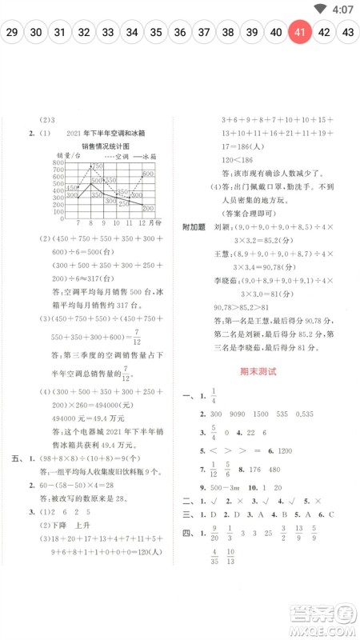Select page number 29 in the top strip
coord(11,32)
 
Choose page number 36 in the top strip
coord(180,32)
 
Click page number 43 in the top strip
coord(348,32)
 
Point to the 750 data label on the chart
coord(97,166)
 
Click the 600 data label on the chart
coord(148,174)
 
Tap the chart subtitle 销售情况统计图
coord(105,146)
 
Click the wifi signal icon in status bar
coord(320,9)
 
